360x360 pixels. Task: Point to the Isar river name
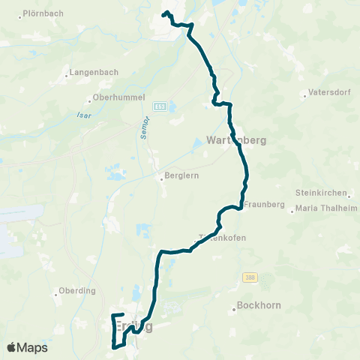(83, 115)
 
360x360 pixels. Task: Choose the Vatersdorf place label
(329, 94)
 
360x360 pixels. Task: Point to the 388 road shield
(249, 277)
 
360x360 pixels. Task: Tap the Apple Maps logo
(27, 347)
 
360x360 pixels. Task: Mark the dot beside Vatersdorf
(304, 94)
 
